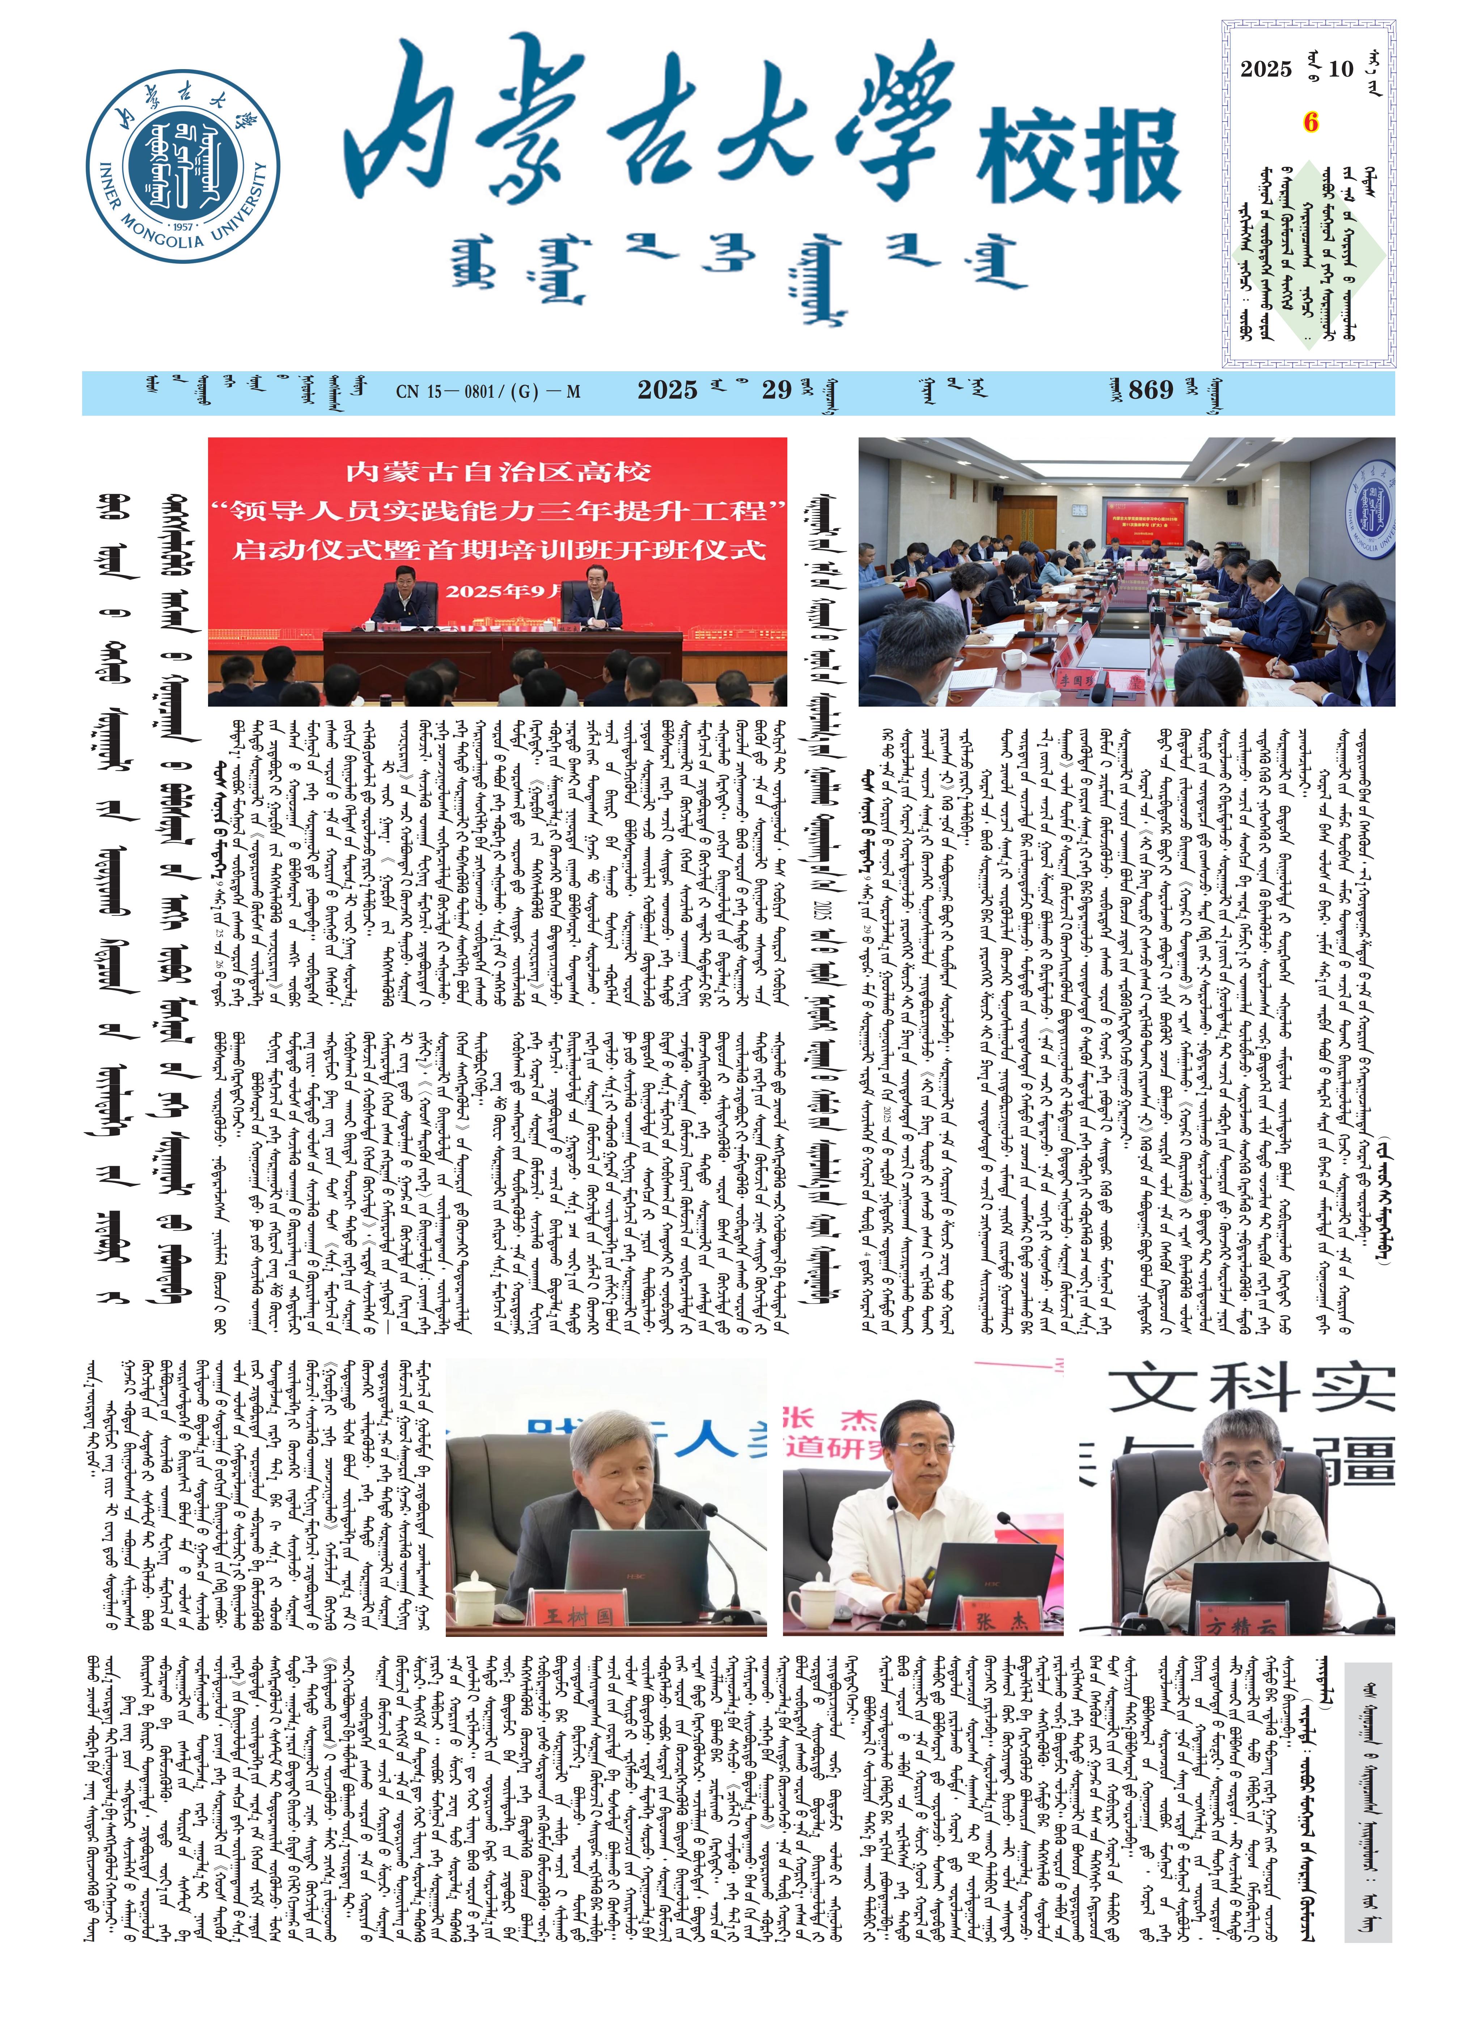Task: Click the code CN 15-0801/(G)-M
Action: click(488, 391)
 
